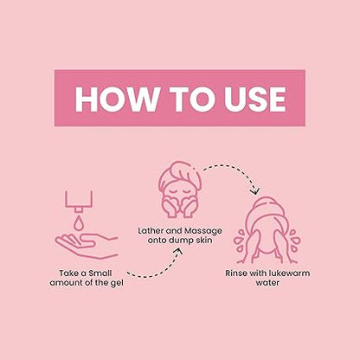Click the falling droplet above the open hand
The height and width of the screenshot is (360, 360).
pyautogui.click(x=79, y=222)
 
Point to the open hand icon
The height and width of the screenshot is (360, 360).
pyautogui.click(x=87, y=245)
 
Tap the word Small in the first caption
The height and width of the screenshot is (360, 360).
pyautogui.click(x=100, y=273)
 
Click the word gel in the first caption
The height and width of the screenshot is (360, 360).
pyautogui.click(x=117, y=283)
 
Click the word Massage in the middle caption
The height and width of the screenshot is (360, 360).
pyautogui.click(x=203, y=231)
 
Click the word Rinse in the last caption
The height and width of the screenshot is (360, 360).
pyautogui.click(x=236, y=273)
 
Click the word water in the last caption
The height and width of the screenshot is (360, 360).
pyautogui.click(x=267, y=283)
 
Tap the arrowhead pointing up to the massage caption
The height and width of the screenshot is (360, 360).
pyautogui.click(x=179, y=252)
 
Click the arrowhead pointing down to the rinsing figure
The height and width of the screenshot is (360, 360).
pyautogui.click(x=255, y=191)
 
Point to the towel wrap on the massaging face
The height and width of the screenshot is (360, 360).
pyautogui.click(x=180, y=174)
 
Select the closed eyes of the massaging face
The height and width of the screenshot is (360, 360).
pyautogui.click(x=180, y=191)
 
